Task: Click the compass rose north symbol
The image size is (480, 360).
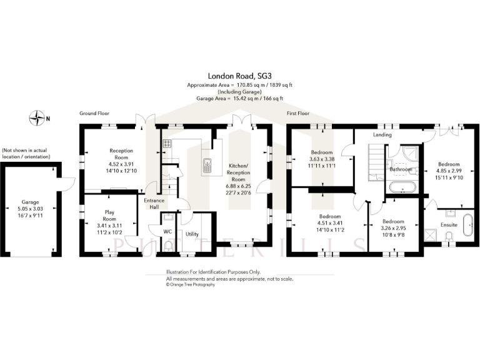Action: point(39,116)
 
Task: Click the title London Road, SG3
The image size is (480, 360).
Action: point(234,74)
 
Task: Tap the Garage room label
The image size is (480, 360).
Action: point(30,202)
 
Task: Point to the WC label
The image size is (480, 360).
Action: point(167,231)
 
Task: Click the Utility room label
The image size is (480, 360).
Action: point(192,233)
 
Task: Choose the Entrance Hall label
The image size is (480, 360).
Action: point(154,204)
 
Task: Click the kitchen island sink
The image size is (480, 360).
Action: point(207,165)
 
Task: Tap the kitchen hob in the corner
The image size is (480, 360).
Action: point(167,144)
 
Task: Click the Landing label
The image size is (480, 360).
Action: point(382,134)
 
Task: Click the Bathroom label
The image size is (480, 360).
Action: point(401,169)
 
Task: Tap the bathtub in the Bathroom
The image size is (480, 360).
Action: point(402,187)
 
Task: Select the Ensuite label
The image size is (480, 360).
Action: point(449,224)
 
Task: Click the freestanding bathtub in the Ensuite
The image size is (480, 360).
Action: point(467,226)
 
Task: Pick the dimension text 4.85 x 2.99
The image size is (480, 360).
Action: point(449,171)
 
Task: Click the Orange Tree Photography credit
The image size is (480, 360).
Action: point(191,284)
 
